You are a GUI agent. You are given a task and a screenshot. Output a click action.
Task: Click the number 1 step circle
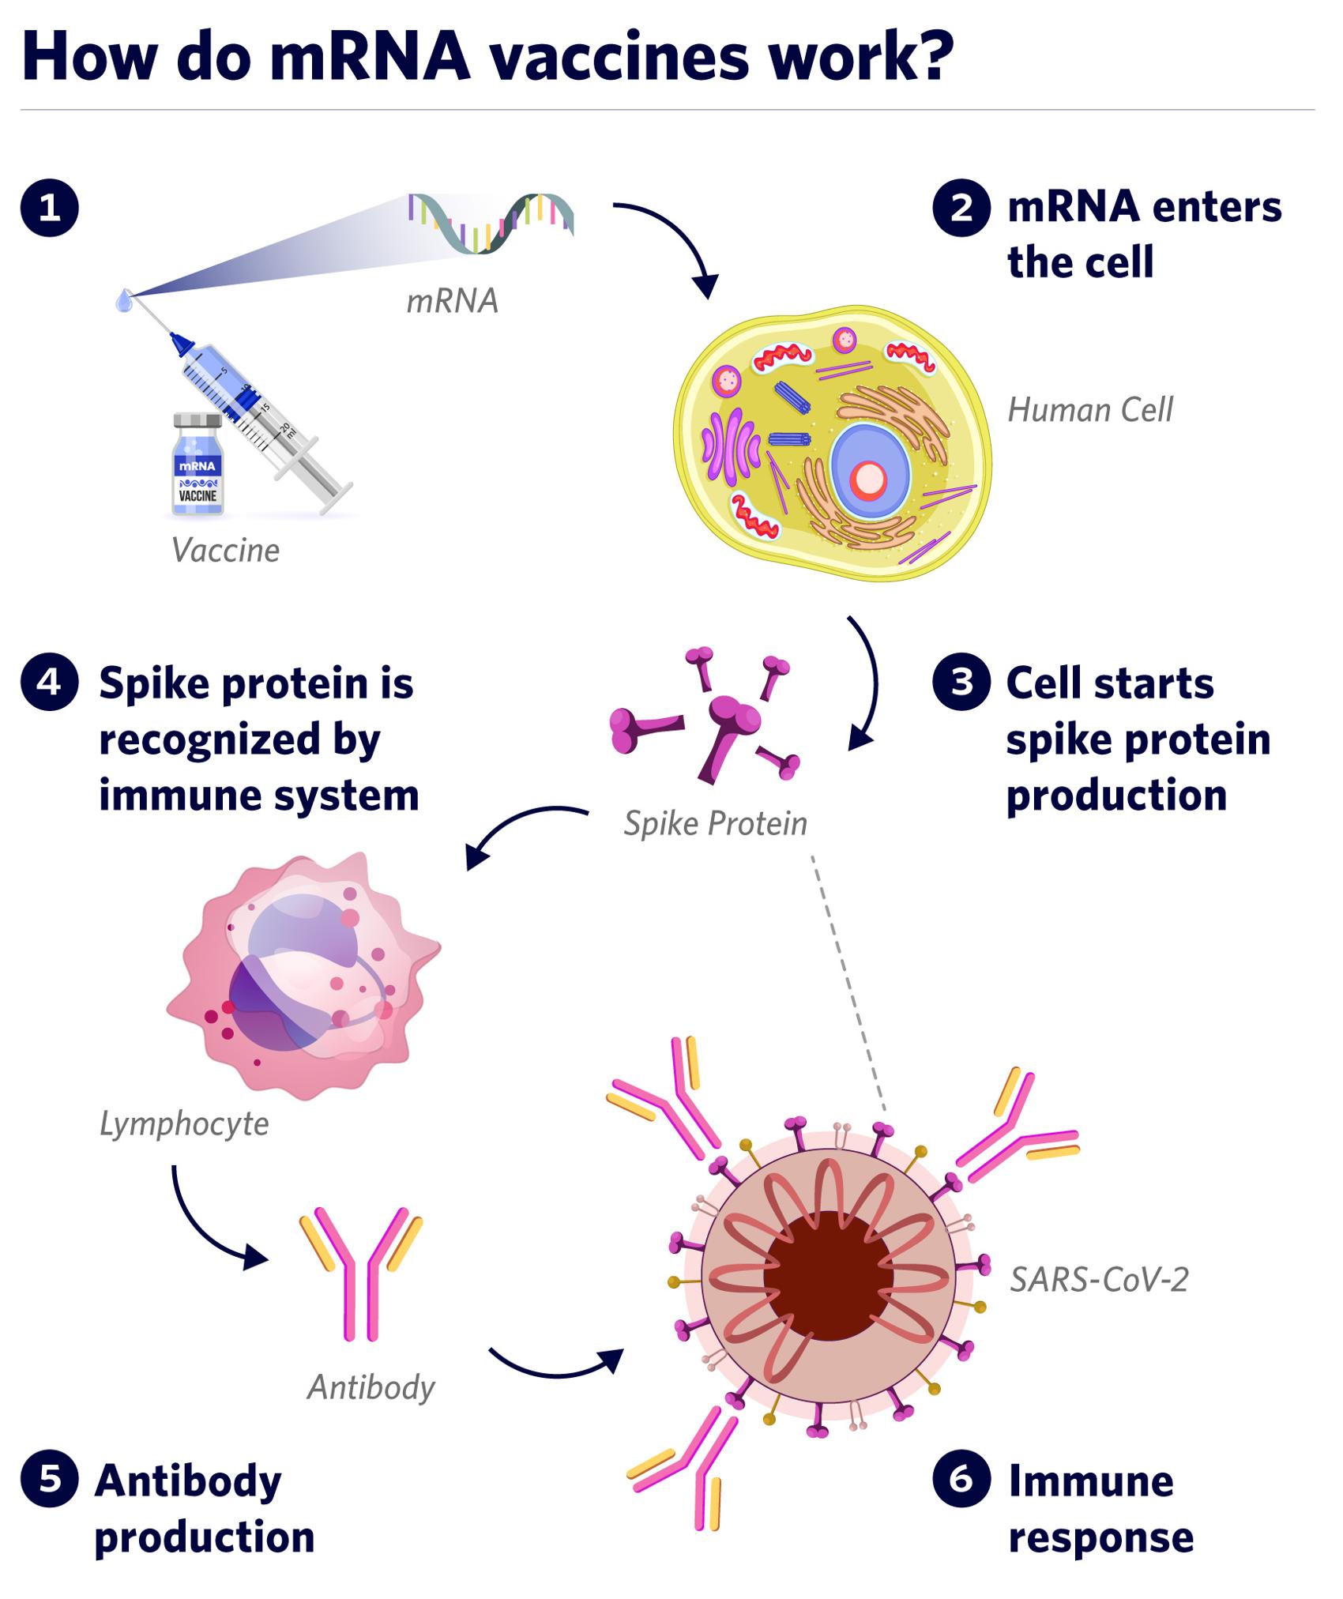(x=50, y=209)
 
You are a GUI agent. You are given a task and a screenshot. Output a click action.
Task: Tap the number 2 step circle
(x=961, y=209)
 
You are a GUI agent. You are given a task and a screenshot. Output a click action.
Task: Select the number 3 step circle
(x=961, y=682)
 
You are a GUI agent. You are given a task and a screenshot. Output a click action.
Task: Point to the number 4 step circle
(x=50, y=682)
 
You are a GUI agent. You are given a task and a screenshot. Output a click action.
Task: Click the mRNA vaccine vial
(x=197, y=466)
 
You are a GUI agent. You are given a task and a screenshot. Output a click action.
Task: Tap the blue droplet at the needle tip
(x=124, y=300)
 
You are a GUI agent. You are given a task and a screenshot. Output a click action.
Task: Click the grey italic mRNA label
(x=452, y=301)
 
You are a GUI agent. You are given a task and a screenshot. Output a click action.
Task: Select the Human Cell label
(x=1089, y=410)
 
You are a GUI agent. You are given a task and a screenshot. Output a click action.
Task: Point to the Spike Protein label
(x=715, y=824)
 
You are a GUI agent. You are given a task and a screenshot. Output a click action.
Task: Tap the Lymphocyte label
(x=184, y=1123)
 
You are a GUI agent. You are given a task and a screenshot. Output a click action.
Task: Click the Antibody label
(x=371, y=1387)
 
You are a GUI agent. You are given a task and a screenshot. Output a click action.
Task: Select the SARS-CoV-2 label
(x=1099, y=1280)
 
